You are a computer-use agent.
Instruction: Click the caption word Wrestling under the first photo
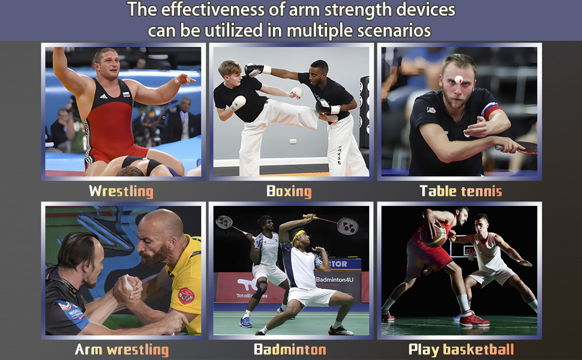pos(121,191)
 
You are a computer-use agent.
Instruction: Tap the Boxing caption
pos(289,191)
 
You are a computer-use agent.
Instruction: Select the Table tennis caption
pos(461,191)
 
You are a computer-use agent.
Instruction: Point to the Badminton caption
pos(290,349)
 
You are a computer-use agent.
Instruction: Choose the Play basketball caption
pos(461,350)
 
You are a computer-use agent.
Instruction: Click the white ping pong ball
pos(458,79)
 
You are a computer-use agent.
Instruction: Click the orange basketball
pos(435,235)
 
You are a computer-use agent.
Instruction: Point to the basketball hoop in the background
pos(470,254)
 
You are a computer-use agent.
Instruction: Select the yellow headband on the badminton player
pos(298,235)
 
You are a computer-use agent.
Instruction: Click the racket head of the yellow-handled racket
pos(348,226)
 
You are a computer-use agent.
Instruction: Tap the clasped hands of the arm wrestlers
pos(127,287)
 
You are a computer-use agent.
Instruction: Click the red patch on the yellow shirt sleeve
pos(186,296)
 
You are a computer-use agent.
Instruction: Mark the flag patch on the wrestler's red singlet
pos(127,94)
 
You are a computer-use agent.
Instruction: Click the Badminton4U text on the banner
pos(335,280)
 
